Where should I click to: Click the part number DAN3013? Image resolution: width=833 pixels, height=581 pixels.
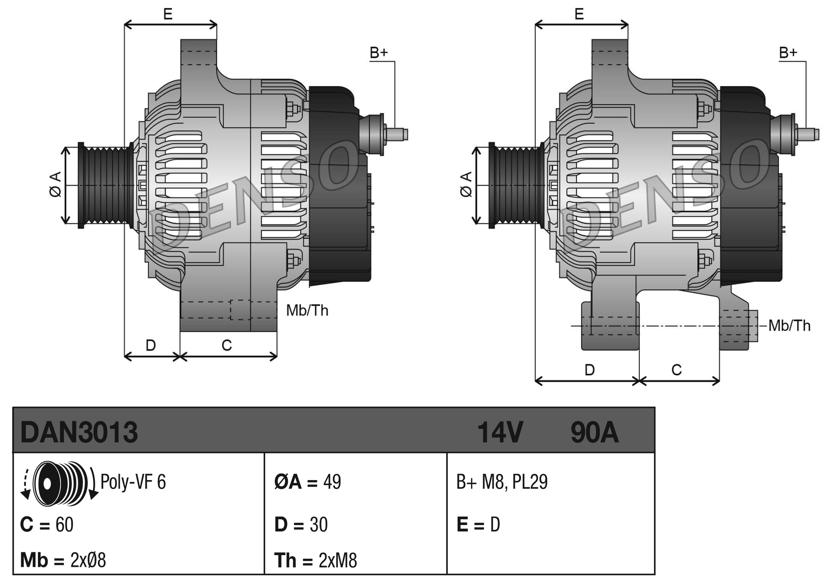79,432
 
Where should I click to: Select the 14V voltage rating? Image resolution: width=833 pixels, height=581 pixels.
500,432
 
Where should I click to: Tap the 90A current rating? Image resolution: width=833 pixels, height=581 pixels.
594,432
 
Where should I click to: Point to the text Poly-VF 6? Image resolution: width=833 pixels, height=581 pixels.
133,482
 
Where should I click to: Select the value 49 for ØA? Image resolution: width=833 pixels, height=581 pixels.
332,482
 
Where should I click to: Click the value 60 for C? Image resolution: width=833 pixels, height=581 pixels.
65,525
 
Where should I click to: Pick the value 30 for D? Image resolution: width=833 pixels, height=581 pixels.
319,525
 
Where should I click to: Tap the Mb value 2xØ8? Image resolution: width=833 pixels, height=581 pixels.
88,561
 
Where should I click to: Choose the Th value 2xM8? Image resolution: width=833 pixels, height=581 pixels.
338,561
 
